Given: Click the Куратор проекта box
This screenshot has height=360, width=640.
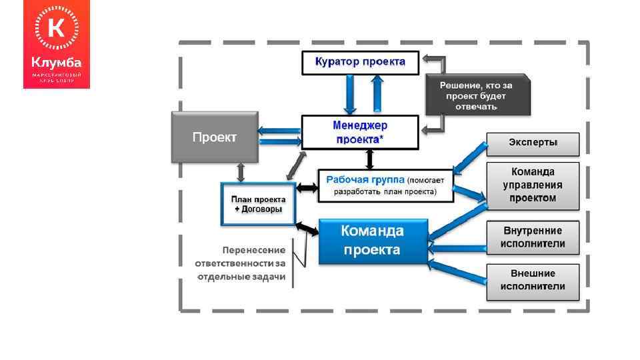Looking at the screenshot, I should [x=360, y=62].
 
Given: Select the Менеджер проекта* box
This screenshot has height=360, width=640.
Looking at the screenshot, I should [x=360, y=132].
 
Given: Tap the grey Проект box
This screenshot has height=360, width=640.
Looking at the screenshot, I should [x=214, y=137].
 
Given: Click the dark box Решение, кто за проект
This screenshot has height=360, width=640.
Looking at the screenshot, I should [x=477, y=96].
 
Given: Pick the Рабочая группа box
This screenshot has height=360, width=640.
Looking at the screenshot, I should [x=386, y=185].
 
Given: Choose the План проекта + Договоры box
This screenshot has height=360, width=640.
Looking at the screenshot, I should [x=258, y=204].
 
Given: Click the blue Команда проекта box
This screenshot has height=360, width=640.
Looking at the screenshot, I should [x=372, y=241].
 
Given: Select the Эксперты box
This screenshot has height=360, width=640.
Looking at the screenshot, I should [x=533, y=143].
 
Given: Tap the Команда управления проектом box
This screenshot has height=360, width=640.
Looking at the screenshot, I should [x=533, y=185].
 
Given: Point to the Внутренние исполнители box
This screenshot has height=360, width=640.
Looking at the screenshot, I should [x=533, y=237].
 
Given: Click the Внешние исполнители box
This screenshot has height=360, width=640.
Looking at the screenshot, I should [x=533, y=280].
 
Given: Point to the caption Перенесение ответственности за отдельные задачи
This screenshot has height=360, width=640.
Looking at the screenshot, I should [x=241, y=263].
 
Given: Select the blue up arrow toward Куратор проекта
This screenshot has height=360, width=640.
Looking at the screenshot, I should [x=378, y=94].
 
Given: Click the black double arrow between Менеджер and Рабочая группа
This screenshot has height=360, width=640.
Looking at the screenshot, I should [x=371, y=159].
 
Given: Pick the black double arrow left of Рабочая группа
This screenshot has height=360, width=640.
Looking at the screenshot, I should [x=307, y=189].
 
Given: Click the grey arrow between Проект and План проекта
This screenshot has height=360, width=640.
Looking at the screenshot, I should [x=241, y=171].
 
